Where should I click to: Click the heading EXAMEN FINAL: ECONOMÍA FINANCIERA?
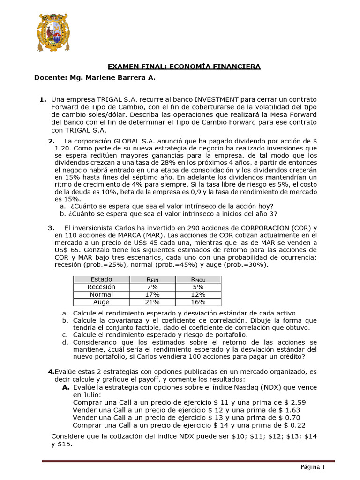tap(184, 67)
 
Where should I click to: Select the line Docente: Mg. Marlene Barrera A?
tap(95, 77)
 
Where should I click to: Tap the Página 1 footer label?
tap(313, 467)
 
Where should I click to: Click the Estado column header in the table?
tap(101, 279)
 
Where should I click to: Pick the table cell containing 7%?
tap(152, 287)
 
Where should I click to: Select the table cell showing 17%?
tap(152, 294)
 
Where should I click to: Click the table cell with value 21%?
tap(152, 302)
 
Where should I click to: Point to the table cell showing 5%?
tap(198, 287)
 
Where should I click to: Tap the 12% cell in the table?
tap(198, 294)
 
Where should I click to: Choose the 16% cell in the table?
tap(198, 302)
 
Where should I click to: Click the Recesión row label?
tap(101, 287)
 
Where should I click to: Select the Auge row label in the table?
tap(101, 302)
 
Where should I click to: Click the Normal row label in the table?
tap(101, 294)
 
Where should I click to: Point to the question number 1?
tap(43, 99)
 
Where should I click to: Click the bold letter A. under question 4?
tap(66, 388)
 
